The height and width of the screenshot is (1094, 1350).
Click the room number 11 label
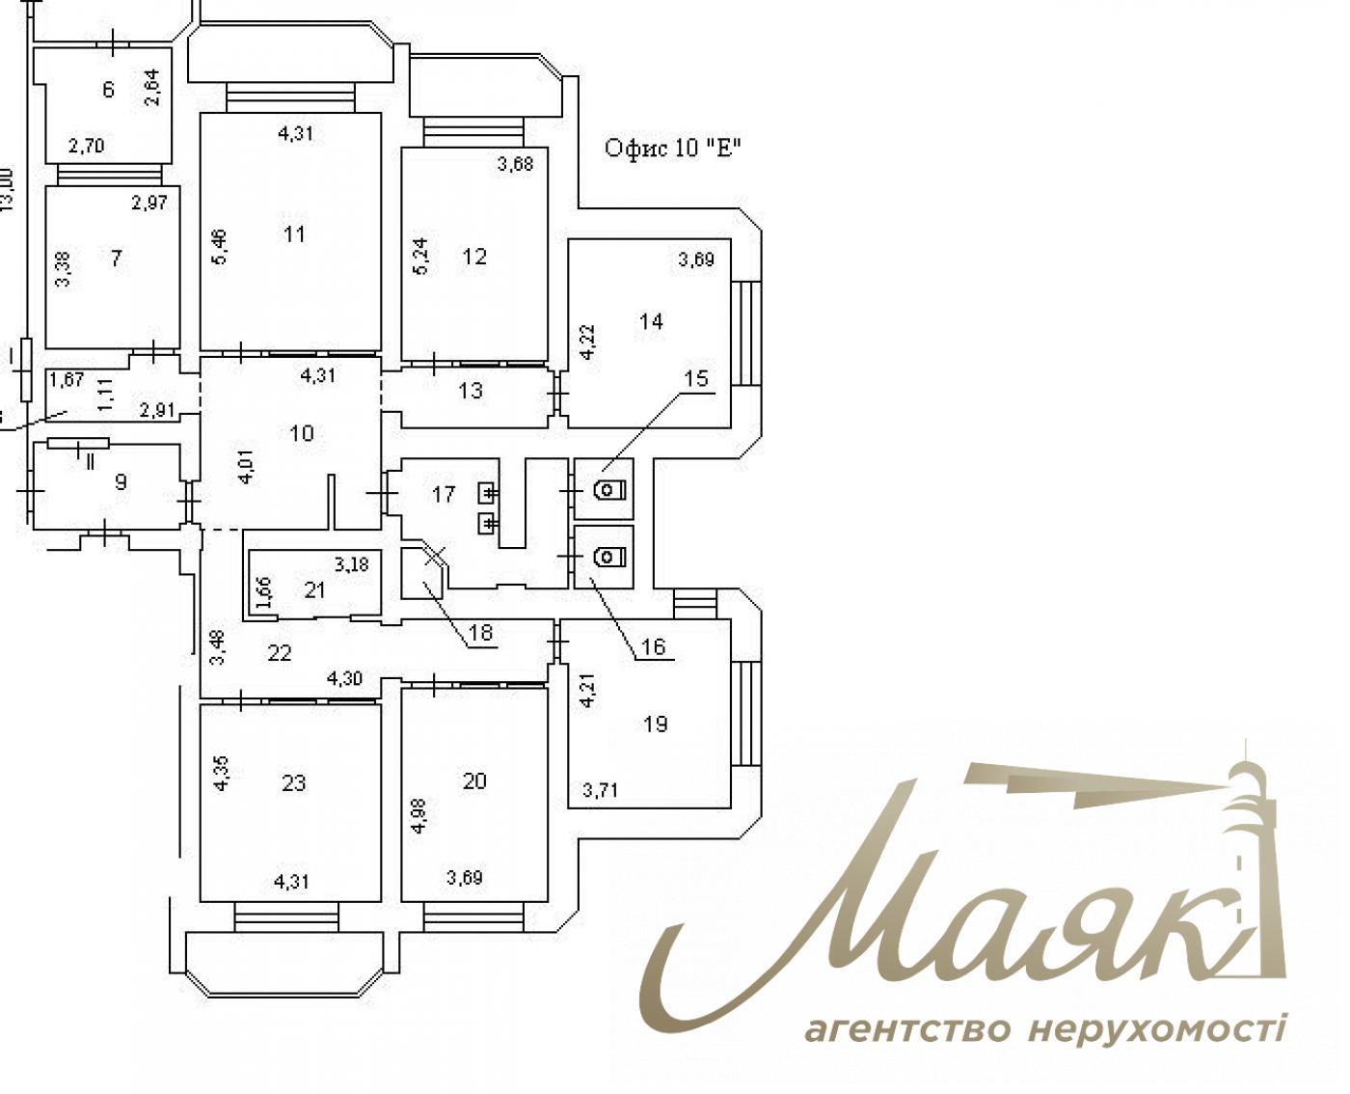click(x=295, y=234)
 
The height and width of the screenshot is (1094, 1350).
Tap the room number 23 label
click(x=293, y=782)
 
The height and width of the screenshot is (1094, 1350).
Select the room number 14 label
click(x=652, y=321)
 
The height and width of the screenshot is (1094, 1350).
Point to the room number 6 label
click(x=108, y=90)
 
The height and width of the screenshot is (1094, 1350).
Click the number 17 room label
click(x=444, y=495)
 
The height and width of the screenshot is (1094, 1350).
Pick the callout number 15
click(x=696, y=379)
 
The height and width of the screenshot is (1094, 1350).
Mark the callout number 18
click(x=480, y=633)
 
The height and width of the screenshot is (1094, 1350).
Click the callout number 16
click(x=654, y=646)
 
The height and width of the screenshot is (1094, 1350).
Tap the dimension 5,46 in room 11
click(x=220, y=246)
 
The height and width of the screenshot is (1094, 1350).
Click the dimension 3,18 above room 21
click(x=352, y=564)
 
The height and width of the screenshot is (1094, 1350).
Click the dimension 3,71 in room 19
click(x=601, y=791)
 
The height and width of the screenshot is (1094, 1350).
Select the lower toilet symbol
click(x=607, y=557)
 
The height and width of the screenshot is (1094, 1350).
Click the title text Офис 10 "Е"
click(x=672, y=148)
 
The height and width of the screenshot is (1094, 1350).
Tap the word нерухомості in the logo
click(x=1157, y=1029)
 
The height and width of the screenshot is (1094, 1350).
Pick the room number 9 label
click(x=121, y=481)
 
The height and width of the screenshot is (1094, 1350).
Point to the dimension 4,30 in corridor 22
click(x=345, y=678)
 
